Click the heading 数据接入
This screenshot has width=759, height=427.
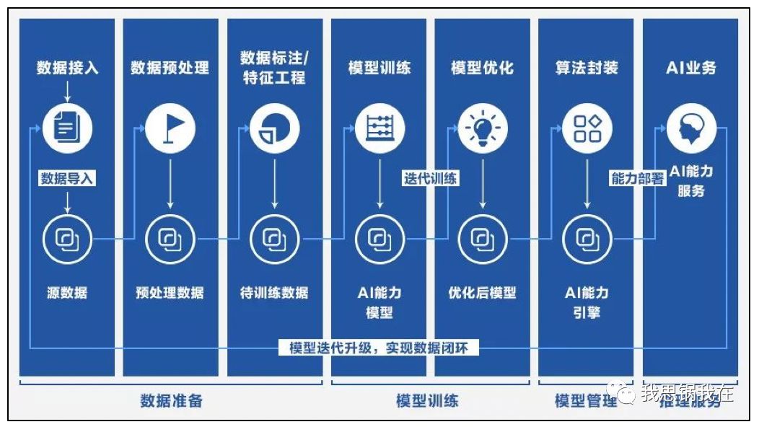[67, 69]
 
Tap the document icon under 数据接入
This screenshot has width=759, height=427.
[67, 130]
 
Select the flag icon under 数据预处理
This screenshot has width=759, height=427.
[170, 130]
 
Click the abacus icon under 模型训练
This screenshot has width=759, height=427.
[379, 130]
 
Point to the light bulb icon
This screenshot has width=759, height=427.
[483, 130]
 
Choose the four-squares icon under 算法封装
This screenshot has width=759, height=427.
[587, 130]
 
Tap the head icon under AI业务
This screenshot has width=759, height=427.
[690, 130]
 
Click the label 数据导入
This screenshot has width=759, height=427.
[67, 178]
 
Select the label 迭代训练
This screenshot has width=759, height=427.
[431, 178]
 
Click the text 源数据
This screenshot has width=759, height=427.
[67, 293]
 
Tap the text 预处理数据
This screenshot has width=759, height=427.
[170, 293]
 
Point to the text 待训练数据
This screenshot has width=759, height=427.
[274, 293]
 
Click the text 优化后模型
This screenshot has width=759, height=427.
[483, 293]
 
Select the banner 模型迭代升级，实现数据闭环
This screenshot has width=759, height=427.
[378, 348]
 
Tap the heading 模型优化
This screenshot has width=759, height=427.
[483, 69]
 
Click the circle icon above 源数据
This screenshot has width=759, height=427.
[67, 239]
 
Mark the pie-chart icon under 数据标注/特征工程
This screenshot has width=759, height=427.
[274, 130]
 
